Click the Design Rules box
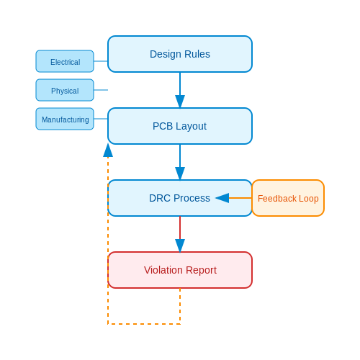click(x=180, y=54)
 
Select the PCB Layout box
click(x=180, y=126)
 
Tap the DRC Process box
click(x=180, y=198)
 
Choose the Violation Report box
click(x=180, y=270)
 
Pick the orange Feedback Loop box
click(x=288, y=198)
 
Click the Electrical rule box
click(x=65, y=61)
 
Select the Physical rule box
click(x=65, y=90)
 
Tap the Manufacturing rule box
click(x=65, y=119)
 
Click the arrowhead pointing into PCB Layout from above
click(x=180, y=102)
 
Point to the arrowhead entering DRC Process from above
click(x=180, y=174)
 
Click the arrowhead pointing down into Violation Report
click(x=180, y=246)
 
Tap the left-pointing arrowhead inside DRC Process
click(x=222, y=198)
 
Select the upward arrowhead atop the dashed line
click(x=108, y=150)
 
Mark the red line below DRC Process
click(x=180, y=228)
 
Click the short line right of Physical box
click(x=101, y=90)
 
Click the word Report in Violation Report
click(x=201, y=271)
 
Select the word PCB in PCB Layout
click(x=163, y=126)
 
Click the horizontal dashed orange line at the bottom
click(x=144, y=324)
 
